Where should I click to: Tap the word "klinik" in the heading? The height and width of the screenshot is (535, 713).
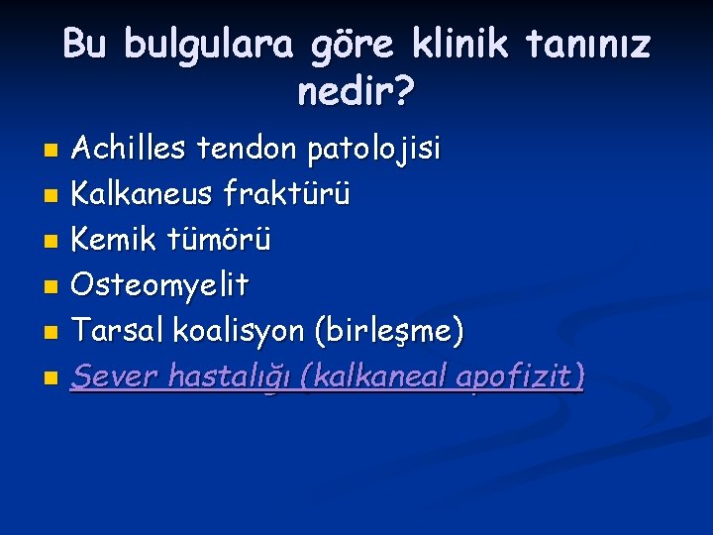[x=458, y=46]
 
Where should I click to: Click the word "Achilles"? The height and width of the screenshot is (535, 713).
[x=133, y=150]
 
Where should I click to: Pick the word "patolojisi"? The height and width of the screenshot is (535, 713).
[x=375, y=151]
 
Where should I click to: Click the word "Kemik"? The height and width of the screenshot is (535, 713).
[x=117, y=240]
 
